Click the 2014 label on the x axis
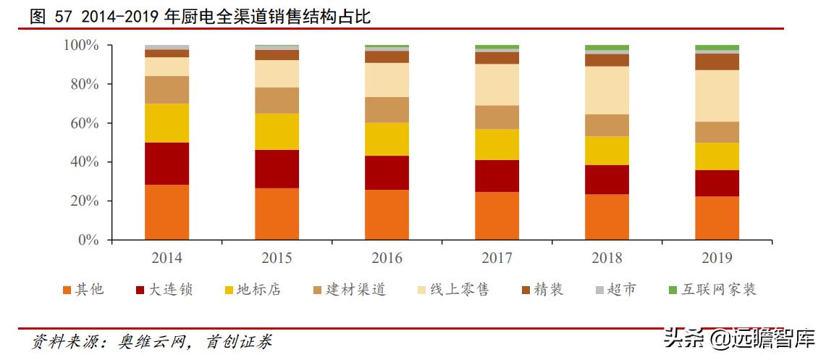click(x=167, y=258)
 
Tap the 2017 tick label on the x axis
click(x=497, y=258)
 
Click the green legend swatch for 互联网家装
click(x=673, y=290)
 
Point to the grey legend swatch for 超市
click(x=599, y=290)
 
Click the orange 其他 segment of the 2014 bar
click(x=167, y=212)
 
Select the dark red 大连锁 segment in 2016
click(x=387, y=172)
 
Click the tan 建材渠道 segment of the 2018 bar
click(x=607, y=125)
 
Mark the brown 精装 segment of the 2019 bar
click(x=717, y=62)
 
